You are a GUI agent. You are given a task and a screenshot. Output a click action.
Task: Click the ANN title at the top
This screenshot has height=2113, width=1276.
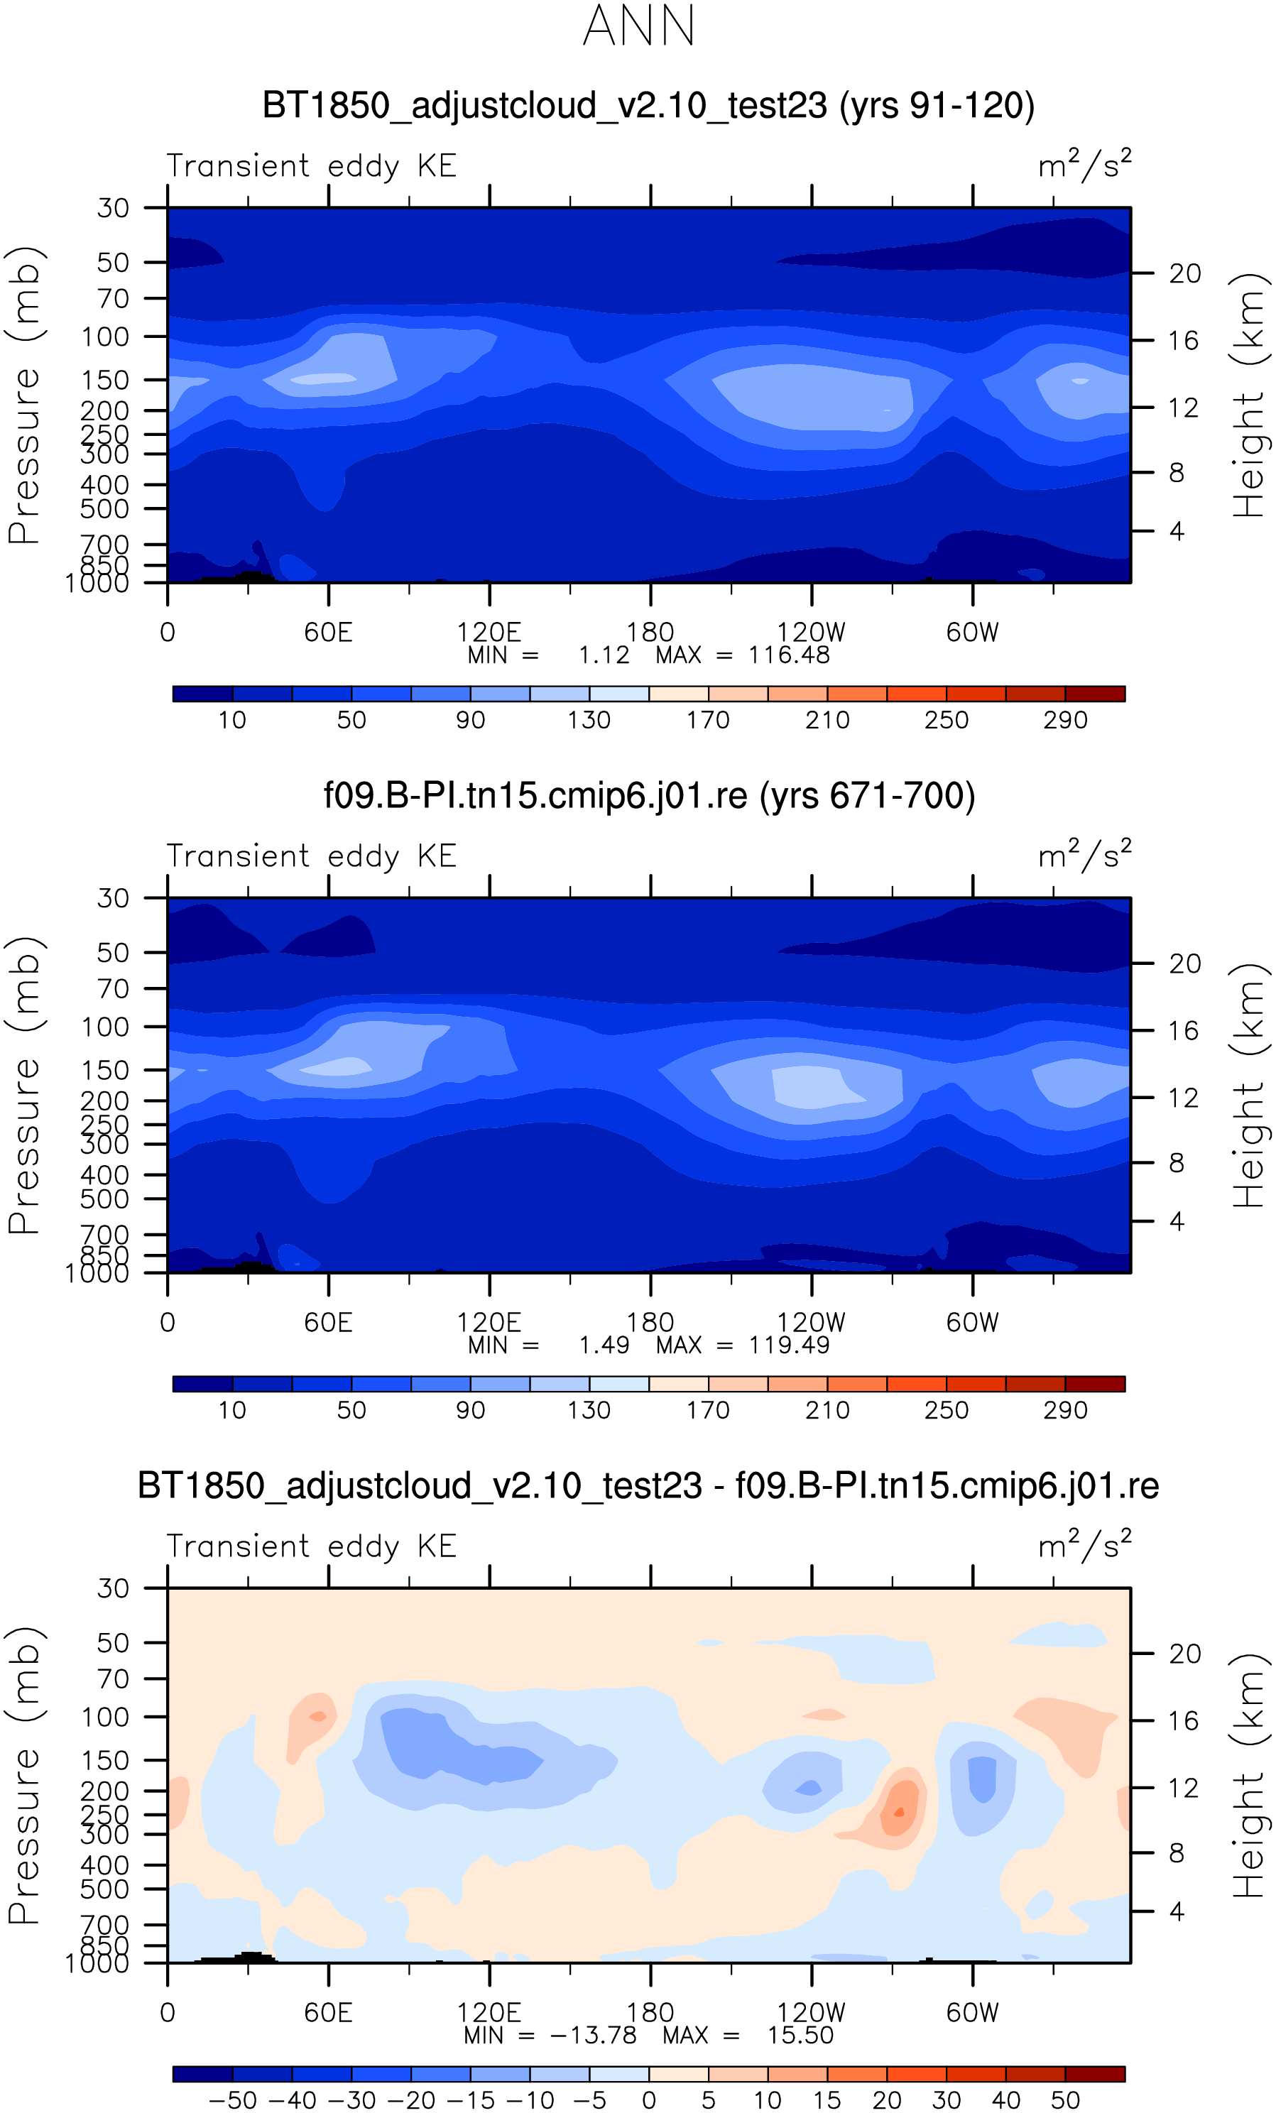(638, 26)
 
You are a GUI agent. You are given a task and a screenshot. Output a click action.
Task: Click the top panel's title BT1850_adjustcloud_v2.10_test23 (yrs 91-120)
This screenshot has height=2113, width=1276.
(648, 106)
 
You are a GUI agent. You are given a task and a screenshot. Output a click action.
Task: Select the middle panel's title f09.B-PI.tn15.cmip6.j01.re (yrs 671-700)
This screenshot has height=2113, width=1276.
(649, 796)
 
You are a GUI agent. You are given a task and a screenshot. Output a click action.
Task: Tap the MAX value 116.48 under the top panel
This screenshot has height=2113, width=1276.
(789, 655)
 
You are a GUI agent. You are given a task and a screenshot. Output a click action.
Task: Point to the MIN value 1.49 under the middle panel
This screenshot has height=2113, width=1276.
(604, 1345)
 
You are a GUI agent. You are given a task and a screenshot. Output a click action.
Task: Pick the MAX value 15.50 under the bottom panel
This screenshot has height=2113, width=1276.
(800, 2036)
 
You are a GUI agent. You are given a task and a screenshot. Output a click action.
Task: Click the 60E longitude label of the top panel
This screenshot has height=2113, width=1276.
(329, 633)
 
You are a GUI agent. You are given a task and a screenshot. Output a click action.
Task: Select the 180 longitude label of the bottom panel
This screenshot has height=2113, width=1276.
(650, 2013)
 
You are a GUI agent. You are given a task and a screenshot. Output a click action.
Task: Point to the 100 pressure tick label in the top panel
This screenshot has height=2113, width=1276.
(106, 337)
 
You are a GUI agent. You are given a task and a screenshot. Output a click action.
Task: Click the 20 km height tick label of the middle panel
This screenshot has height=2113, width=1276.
(1185, 964)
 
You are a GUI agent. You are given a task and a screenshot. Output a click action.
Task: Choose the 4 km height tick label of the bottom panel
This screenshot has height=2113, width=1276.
(1177, 1911)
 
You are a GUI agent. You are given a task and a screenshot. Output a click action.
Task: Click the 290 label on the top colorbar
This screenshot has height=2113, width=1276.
(1065, 721)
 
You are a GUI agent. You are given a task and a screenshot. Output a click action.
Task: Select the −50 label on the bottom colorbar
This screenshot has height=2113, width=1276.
(232, 2100)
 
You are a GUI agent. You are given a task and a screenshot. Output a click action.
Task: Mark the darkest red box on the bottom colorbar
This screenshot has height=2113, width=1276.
(1094, 2075)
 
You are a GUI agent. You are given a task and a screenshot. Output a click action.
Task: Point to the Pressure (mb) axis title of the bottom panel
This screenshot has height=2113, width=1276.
(24, 1775)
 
